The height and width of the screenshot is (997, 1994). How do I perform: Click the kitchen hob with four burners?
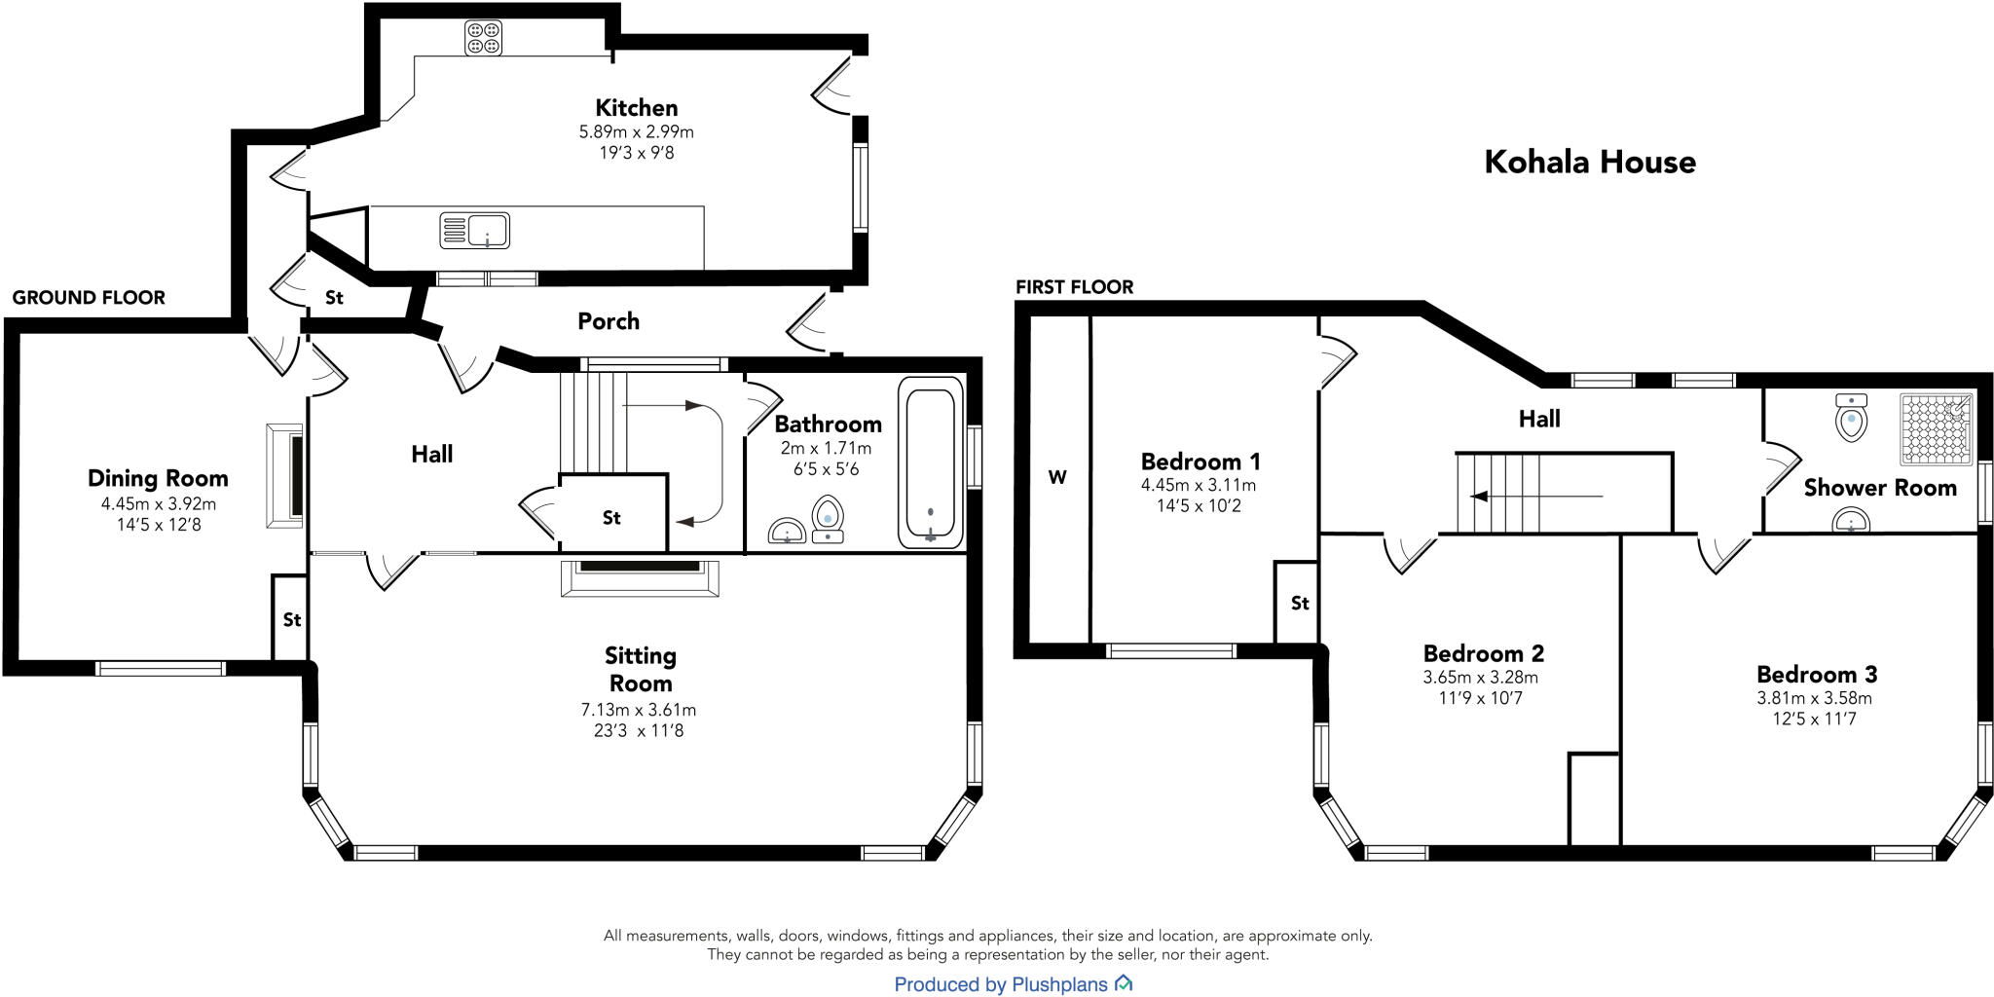(483, 37)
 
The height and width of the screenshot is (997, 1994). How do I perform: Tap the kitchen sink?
(475, 231)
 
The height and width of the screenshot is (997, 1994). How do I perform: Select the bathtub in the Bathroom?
(930, 461)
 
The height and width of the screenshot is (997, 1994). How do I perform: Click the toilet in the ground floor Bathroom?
(828, 519)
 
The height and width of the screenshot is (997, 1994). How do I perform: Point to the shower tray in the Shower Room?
(1937, 428)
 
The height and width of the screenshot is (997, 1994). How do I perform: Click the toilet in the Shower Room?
(1851, 418)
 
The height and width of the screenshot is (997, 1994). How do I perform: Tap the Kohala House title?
(1590, 162)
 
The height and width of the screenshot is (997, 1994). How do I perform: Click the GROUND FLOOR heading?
(89, 298)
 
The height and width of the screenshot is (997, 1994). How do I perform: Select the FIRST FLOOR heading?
(1075, 287)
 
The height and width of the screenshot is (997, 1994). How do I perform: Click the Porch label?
(609, 321)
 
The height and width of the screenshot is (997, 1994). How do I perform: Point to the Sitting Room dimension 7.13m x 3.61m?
(639, 710)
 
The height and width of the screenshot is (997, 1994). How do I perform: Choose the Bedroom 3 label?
(1817, 674)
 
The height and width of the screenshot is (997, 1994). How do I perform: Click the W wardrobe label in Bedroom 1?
(1057, 477)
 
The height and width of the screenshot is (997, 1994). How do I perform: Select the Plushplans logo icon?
(1124, 983)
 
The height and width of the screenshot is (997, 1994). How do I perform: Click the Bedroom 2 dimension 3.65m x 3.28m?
(1480, 677)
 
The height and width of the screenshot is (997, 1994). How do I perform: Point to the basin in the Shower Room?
(1851, 524)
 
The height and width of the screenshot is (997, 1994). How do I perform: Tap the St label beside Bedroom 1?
(1300, 604)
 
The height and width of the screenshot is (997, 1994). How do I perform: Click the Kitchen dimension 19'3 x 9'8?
(637, 153)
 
